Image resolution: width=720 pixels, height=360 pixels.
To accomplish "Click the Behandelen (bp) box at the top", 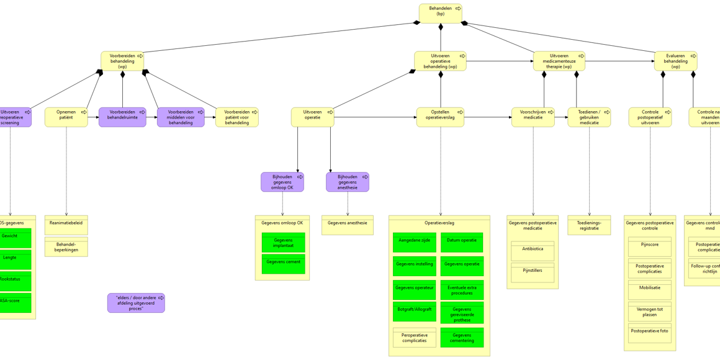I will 440,13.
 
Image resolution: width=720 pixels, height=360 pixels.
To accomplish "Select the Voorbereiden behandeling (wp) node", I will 122,61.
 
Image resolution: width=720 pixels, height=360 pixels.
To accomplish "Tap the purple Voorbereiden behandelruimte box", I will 122,117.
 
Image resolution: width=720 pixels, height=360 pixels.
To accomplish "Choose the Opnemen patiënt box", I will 66,117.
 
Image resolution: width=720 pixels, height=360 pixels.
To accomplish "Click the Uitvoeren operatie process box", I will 312,117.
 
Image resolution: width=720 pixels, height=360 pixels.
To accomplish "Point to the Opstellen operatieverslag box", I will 439,117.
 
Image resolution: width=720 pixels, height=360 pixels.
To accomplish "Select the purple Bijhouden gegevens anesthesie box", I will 347,182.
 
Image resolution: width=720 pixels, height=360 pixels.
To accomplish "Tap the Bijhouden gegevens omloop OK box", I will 282,182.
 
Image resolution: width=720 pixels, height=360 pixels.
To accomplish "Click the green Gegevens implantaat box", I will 283,243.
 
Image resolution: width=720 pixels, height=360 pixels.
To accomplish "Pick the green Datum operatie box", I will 462,242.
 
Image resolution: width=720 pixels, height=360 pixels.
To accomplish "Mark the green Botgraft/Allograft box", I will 414,311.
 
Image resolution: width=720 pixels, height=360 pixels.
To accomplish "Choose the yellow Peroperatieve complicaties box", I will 414,338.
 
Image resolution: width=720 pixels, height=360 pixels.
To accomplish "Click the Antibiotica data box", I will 533,251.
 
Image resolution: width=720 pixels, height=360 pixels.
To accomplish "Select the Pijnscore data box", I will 649,246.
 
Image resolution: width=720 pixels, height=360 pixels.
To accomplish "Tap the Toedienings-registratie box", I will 589,225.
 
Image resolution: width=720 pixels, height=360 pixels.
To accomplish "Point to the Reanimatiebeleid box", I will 66,225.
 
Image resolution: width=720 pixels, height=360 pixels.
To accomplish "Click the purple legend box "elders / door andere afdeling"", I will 136,303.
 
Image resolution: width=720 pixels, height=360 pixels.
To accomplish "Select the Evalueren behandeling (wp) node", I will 675,61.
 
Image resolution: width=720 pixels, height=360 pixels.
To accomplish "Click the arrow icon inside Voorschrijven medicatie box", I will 551,112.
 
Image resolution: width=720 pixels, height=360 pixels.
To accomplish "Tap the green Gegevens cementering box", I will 462,338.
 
